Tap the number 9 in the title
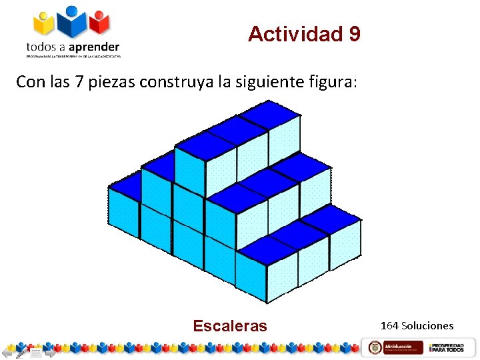[354, 34]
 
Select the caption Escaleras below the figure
[229, 326]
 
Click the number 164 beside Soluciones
[389, 326]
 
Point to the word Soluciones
[427, 326]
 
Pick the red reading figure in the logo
[99, 23]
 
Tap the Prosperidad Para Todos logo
[447, 347]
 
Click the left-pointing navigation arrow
[8, 351]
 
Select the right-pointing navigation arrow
[49, 351]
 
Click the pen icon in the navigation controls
[21, 351]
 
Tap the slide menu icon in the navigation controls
[35, 351]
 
